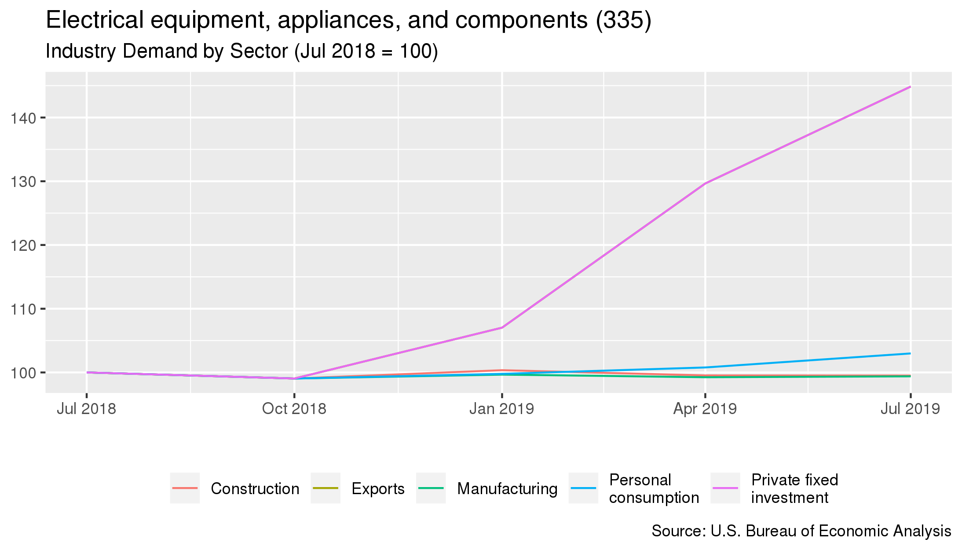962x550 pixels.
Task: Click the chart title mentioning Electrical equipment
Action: click(348, 20)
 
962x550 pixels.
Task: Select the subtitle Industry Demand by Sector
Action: click(241, 51)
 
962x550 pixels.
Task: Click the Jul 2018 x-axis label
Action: click(86, 409)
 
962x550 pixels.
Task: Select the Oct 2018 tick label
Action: click(294, 409)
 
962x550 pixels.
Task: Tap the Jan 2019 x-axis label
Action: click(501, 409)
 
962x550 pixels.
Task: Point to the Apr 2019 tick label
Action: click(705, 409)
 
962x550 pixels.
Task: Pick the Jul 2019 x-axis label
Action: click(910, 409)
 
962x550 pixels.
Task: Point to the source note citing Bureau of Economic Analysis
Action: click(801, 531)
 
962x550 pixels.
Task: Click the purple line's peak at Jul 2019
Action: click(910, 87)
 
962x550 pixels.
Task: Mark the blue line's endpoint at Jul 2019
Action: click(910, 353)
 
